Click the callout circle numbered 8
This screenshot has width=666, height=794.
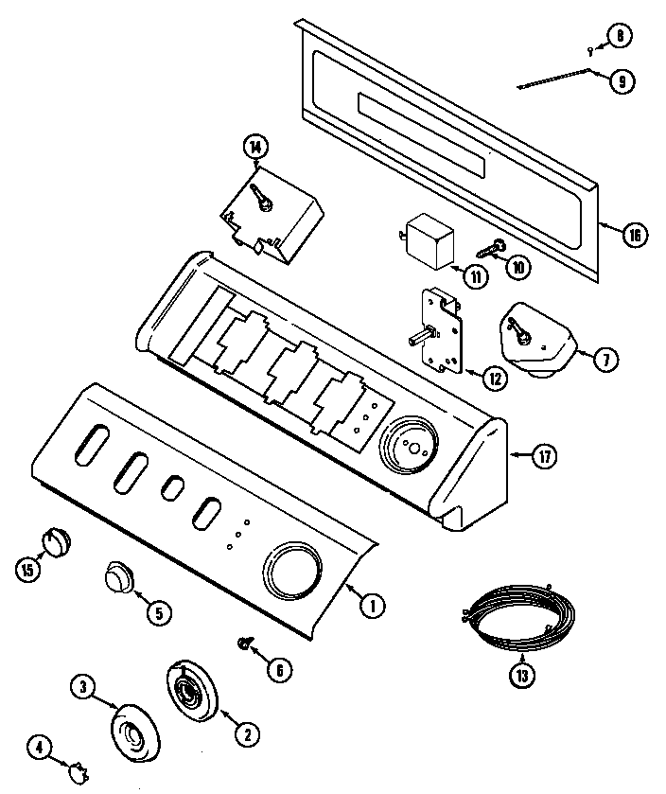tap(620, 37)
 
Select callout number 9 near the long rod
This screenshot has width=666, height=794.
tap(621, 80)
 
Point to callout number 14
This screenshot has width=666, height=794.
tap(254, 146)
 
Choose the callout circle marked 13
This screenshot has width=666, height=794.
tap(522, 675)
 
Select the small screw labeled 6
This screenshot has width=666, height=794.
tap(243, 644)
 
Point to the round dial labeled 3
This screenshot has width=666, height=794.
tap(135, 733)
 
